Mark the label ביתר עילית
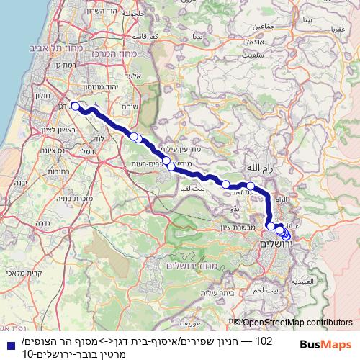pyautogui.click(x=212, y=292)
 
